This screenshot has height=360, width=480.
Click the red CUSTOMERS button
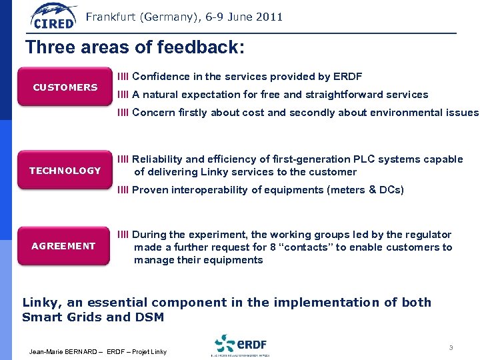65,87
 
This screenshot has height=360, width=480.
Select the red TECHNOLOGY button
65,171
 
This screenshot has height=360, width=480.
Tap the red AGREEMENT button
63,246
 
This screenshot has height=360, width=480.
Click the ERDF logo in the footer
241,345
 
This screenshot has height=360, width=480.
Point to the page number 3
451,347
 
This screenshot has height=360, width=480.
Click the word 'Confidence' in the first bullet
159,77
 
